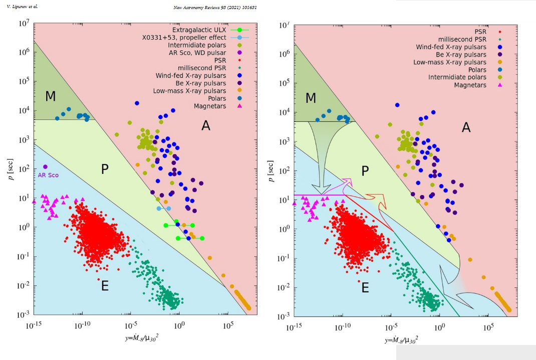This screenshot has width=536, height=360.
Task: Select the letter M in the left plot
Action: click(x=51, y=96)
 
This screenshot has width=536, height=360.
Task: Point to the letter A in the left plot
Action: click(x=206, y=126)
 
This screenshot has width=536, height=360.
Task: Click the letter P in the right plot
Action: click(x=365, y=171)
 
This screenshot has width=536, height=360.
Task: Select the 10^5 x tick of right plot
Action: click(x=486, y=325)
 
